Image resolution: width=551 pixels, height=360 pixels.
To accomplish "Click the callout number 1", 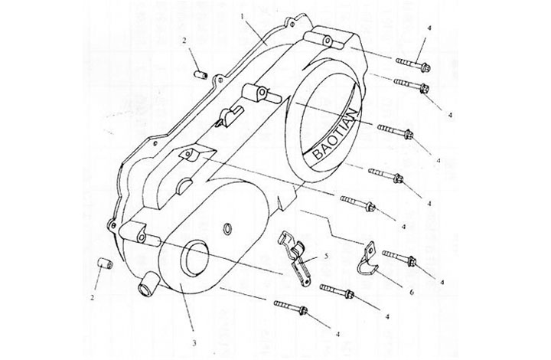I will [242, 15].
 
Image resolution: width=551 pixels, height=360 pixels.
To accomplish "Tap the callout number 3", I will [194, 343].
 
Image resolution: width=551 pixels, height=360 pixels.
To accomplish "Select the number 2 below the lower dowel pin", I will [93, 296].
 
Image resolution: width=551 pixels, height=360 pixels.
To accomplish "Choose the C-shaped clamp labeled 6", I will [367, 260].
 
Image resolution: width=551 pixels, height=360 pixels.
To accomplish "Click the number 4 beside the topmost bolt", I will [430, 28].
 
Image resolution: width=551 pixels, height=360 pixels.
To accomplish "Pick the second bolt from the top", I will [412, 85].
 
